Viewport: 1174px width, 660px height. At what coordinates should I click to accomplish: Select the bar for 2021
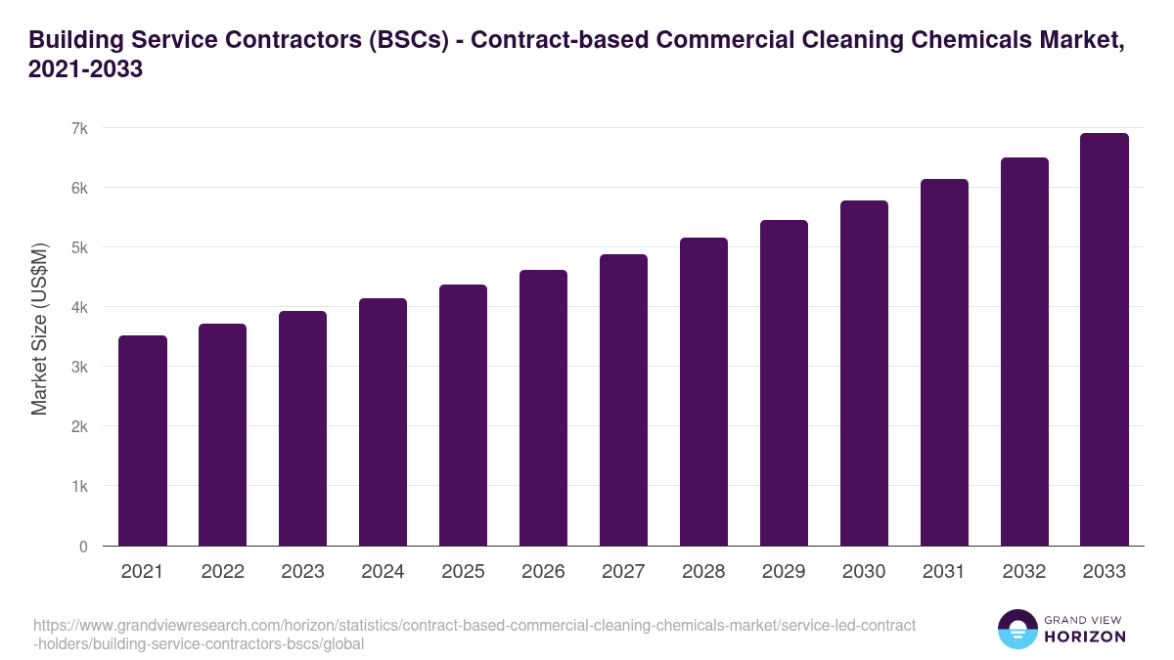point(143,441)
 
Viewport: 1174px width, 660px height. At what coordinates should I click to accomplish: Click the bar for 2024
point(384,422)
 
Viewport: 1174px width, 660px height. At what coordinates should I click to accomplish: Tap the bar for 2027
point(624,400)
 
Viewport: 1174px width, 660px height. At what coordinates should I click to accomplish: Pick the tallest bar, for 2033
point(1105,339)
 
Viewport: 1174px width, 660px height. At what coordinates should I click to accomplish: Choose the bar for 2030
point(864,374)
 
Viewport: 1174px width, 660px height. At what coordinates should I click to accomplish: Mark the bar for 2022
point(223,435)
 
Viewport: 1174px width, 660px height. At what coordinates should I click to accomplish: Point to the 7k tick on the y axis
point(79,128)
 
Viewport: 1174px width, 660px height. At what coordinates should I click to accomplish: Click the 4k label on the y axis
point(79,307)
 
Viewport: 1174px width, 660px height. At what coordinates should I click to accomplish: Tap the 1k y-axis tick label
point(79,487)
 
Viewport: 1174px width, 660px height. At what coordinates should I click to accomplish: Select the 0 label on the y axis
point(83,547)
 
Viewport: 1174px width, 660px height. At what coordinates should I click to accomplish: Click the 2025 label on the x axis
point(463,572)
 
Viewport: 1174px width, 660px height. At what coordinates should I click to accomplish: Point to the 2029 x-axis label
point(784,572)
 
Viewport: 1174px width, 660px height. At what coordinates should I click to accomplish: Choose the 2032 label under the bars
point(1024,572)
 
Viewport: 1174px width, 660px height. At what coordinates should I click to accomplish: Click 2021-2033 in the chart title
point(86,70)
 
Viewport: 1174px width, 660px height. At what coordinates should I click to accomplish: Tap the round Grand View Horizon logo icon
point(1017,630)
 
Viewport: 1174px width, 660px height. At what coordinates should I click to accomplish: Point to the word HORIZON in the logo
point(1085,637)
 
